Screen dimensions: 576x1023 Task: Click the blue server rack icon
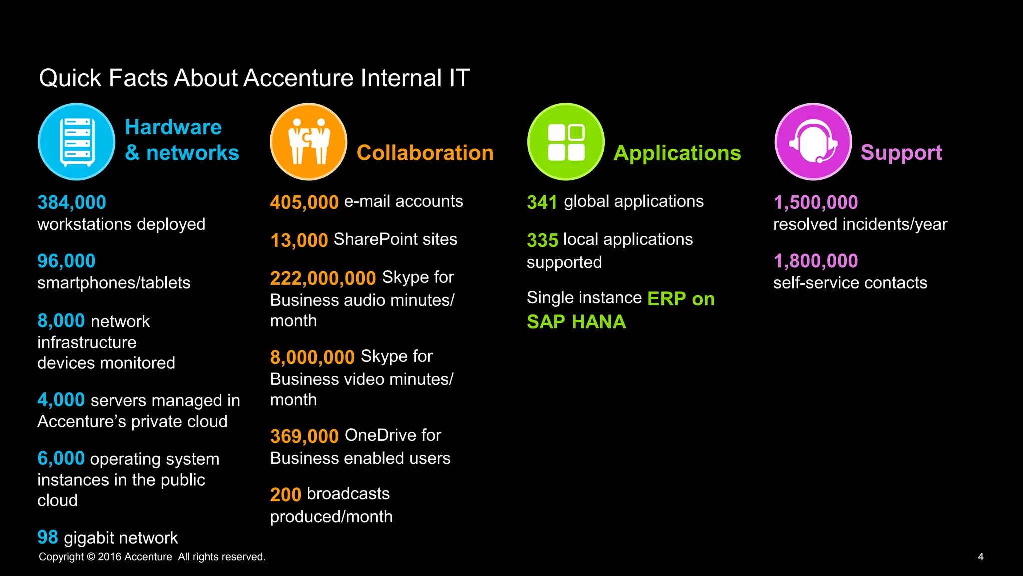point(77,142)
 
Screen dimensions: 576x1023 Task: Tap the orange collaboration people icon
point(309,142)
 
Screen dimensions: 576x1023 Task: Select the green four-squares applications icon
point(566,142)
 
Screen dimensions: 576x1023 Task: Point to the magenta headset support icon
point(813,142)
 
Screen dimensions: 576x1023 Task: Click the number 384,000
point(72,202)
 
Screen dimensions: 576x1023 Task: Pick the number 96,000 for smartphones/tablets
point(66,261)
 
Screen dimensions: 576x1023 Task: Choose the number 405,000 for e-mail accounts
point(304,202)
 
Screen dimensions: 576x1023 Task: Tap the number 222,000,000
point(323,278)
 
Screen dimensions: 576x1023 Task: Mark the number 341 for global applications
point(542,202)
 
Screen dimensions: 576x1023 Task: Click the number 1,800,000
point(816,261)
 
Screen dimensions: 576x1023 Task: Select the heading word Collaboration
point(425,153)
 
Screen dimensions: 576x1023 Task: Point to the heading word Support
point(901,153)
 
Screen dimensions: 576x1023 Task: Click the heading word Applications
point(677,153)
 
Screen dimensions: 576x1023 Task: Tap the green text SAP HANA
point(576,322)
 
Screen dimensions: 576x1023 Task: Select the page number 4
point(981,557)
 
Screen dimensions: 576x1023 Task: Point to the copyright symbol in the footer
point(91,557)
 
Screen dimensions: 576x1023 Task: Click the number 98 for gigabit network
point(48,537)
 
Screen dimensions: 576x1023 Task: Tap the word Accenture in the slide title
point(298,78)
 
